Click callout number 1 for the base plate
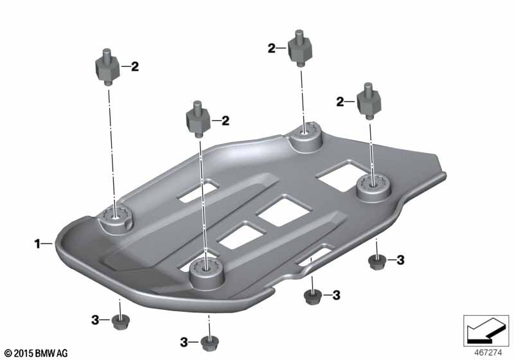tap(37, 244)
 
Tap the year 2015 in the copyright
tap(24, 354)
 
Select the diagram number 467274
tap(488, 353)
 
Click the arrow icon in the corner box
tap(486, 330)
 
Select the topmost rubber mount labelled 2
tap(299, 48)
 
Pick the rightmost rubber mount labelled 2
tap(369, 101)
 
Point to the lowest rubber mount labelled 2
tap(198, 119)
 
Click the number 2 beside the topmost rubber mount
tap(272, 48)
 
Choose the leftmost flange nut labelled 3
tap(121, 322)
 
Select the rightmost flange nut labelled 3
tap(377, 262)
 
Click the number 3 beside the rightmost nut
tap(400, 260)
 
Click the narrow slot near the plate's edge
tap(314, 255)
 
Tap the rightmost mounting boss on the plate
tap(374, 188)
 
